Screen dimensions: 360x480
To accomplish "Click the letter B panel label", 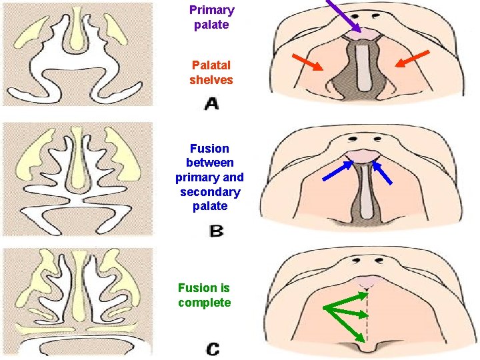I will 216,231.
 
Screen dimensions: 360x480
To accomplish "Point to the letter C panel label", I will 213,348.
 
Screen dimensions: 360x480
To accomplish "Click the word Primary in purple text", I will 211,10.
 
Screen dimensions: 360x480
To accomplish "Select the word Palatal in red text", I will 211,65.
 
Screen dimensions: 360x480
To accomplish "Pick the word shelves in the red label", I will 211,80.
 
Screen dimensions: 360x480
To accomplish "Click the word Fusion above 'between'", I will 209,149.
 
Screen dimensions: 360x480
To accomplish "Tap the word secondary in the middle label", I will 210,192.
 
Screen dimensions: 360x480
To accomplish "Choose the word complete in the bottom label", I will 205,303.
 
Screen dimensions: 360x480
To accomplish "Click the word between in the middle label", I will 210,163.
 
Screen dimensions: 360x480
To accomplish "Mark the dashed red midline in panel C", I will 365,313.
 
